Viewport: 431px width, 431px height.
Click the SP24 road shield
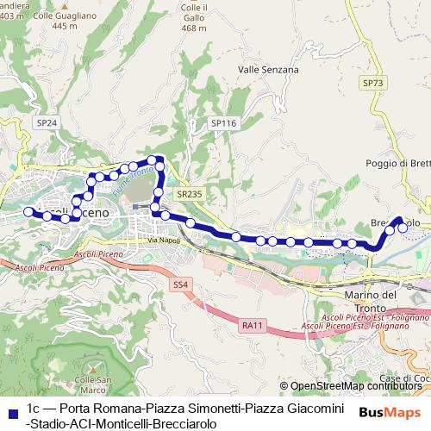tap(47, 123)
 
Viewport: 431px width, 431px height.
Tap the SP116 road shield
tap(222, 123)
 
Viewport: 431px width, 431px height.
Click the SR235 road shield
tap(189, 195)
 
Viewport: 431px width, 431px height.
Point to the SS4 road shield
tap(179, 284)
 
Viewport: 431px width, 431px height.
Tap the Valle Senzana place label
tap(268, 70)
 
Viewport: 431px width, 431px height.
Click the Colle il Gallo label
tap(195, 17)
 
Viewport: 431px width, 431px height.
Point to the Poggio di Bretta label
tap(397, 162)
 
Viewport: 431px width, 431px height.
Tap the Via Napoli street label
tap(163, 240)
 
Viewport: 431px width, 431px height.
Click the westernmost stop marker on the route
tap(28, 211)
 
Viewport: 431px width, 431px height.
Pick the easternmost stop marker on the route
tap(403, 228)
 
